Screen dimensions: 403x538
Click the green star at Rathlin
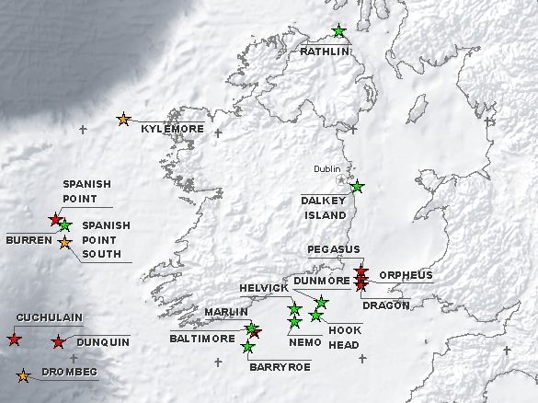[x=339, y=31]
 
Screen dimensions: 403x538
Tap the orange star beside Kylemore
[x=124, y=120]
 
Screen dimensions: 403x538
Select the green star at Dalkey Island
[x=357, y=187]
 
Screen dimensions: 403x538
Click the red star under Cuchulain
[x=15, y=340]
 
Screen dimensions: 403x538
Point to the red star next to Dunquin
[x=59, y=342]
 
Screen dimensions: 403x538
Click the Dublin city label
[x=326, y=169]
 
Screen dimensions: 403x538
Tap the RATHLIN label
[x=325, y=52]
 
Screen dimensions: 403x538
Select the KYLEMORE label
[x=172, y=129]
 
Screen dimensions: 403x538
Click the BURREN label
[x=23, y=239]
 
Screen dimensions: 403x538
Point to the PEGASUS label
[x=334, y=249]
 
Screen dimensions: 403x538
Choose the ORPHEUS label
[x=406, y=275]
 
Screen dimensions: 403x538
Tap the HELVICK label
[x=264, y=288]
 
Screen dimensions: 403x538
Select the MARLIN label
[x=226, y=312]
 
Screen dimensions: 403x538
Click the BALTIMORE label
[x=201, y=339]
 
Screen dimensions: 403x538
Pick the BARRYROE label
[x=280, y=366]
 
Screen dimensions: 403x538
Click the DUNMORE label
[x=322, y=280]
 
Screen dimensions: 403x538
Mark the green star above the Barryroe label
[x=247, y=347]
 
